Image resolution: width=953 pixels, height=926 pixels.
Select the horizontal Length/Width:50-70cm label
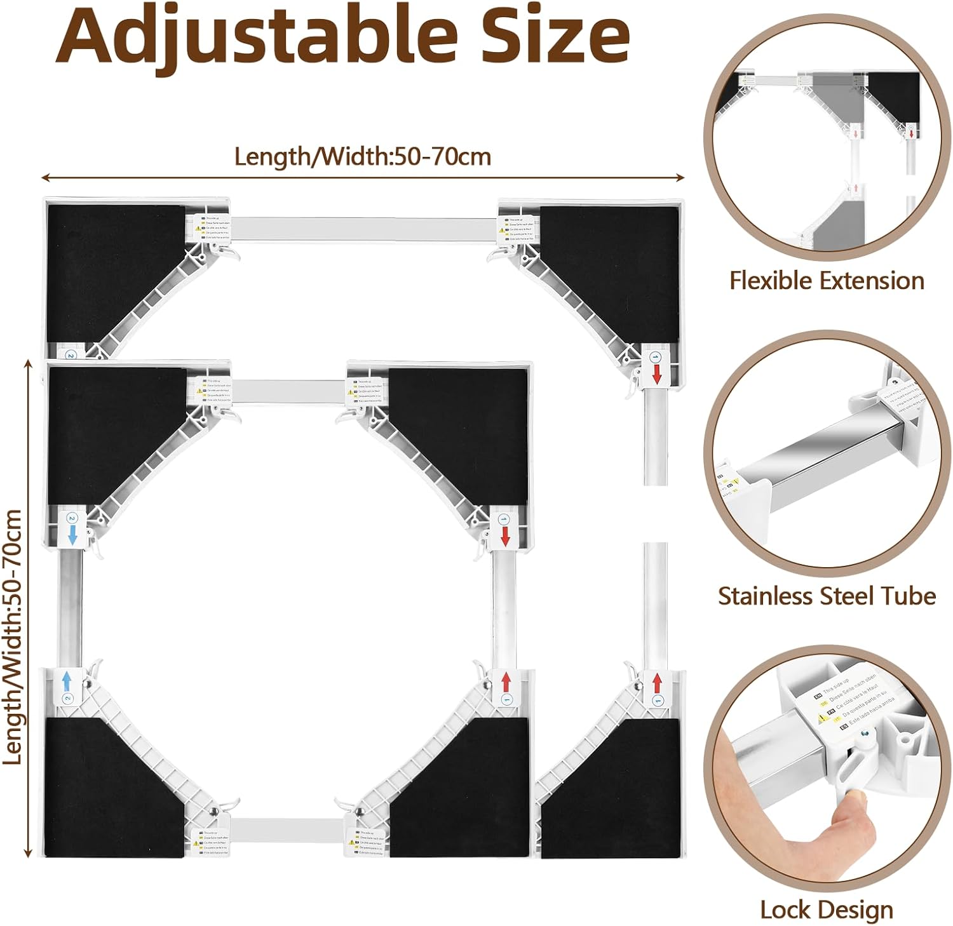(363, 156)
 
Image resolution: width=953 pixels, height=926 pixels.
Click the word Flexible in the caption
(771, 280)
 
